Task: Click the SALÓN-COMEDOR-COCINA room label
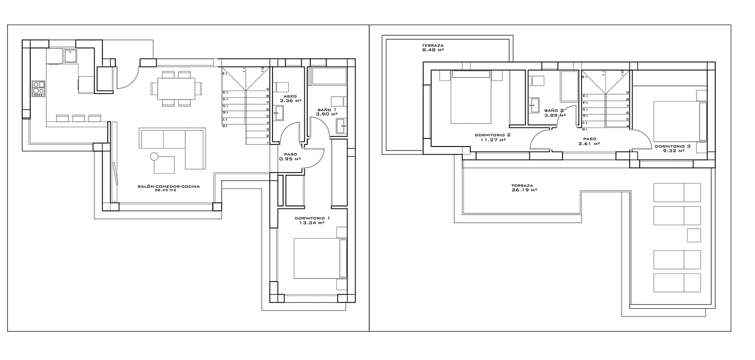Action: coord(169,186)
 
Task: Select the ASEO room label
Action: coord(290,96)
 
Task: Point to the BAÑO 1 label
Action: coord(326,110)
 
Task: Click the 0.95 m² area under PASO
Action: coord(290,159)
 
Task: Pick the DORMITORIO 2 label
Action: coord(493,135)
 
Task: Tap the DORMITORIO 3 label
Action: coord(672,147)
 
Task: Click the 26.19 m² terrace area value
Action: coord(524,190)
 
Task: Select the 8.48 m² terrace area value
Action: coord(433,50)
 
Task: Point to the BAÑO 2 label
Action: coord(554,110)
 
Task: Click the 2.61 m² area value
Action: coord(589,143)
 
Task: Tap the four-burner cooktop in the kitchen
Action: coord(38,89)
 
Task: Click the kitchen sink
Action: coord(71,55)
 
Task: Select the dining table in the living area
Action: coord(176,89)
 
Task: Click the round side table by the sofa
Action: coord(154,156)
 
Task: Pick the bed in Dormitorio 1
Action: coord(320,258)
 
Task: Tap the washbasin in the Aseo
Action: coord(279,113)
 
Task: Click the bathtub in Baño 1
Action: coord(329,77)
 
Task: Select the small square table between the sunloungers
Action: coord(694,235)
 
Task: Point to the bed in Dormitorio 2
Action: coord(470,97)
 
